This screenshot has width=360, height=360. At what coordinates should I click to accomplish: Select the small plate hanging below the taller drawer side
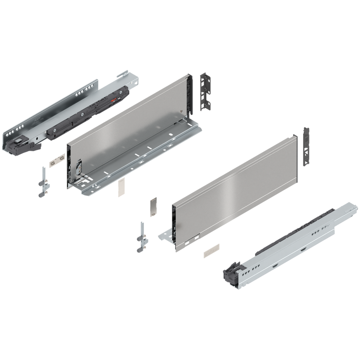(120, 189)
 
